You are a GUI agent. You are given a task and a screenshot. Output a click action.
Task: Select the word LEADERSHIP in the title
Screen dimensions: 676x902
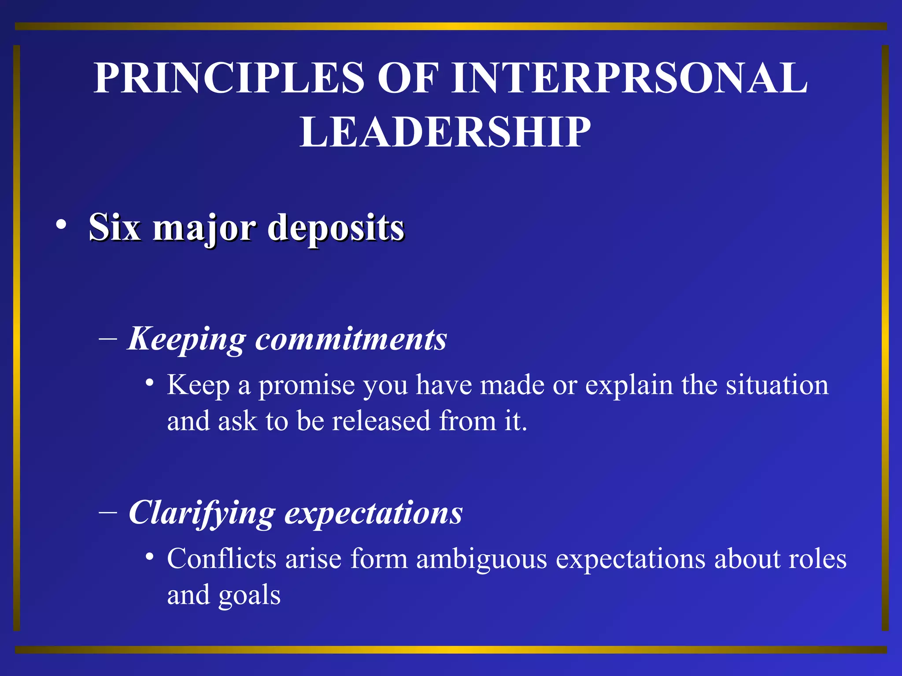tap(445, 132)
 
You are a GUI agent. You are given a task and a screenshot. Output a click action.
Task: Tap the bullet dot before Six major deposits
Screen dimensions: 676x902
tap(61, 225)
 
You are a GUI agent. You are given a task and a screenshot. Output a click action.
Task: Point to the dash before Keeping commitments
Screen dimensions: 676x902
tap(108, 339)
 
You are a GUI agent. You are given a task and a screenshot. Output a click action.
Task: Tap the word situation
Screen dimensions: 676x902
tap(777, 385)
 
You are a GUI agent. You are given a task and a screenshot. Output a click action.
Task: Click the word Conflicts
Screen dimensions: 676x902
tap(222, 559)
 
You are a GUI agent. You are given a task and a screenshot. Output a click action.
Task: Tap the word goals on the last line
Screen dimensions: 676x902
tap(249, 596)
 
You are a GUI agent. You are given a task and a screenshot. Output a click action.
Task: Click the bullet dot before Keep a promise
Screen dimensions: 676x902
tap(150, 382)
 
